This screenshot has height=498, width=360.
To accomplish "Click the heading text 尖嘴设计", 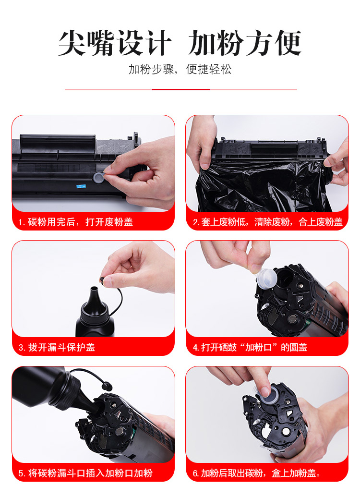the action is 115,43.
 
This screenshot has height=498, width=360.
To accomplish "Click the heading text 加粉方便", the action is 245,43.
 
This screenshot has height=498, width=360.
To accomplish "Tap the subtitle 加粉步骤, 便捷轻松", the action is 180,69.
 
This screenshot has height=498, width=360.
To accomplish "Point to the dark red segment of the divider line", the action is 180,90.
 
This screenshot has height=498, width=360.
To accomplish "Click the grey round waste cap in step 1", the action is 99,177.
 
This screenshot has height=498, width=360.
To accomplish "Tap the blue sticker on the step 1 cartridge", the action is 82,186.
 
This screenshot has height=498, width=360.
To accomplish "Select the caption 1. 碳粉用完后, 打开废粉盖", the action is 75,222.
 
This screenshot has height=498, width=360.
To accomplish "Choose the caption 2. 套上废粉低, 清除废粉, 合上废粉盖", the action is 268,222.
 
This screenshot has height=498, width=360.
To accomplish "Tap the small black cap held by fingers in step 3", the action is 102,280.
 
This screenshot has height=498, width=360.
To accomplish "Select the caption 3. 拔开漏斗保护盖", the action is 57,347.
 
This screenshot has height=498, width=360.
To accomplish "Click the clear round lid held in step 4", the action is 266,279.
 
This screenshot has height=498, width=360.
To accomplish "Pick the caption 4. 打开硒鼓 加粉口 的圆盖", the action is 250,347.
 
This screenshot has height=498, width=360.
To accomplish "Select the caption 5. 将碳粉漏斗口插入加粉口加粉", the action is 85,473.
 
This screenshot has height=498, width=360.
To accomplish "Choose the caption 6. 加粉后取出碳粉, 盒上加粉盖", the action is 257,473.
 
